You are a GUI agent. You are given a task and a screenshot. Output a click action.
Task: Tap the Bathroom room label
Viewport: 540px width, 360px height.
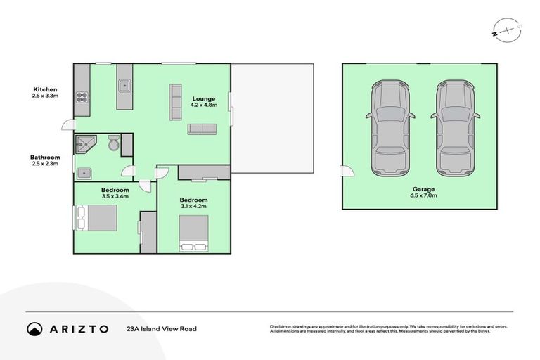44,157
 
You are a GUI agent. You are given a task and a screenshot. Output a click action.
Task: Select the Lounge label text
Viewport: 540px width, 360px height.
204,98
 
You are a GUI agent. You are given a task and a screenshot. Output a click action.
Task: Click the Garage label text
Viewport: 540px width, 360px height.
424,189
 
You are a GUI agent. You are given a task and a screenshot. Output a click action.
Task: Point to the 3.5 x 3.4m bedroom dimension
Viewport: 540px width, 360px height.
115,197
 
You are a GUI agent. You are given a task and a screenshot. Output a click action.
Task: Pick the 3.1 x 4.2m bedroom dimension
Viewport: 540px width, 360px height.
193,206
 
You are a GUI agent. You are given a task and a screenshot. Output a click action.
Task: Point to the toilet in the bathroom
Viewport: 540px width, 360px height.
114,144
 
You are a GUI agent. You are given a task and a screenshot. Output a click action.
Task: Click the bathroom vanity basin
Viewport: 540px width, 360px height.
84,172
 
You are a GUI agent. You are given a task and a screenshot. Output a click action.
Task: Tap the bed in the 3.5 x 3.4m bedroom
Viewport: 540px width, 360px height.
96,217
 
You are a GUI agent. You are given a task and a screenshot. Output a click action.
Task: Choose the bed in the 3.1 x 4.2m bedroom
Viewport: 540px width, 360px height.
193,233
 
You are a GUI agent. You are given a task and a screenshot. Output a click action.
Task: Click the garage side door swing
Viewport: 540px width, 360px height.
347,172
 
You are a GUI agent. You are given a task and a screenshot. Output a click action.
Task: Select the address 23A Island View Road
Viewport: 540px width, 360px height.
161,328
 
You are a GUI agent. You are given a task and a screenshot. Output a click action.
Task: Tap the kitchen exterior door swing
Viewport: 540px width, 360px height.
68,125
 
